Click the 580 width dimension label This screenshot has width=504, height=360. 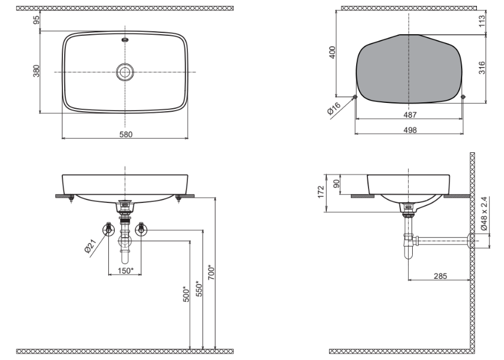pos(125,134)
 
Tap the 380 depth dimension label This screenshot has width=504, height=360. pos(36,71)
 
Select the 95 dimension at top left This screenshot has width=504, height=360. pos(36,20)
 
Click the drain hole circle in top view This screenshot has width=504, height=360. pos(125,72)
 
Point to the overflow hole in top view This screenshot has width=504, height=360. pos(125,41)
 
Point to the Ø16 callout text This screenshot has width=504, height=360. pos(334,109)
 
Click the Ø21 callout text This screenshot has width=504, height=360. pos(89,248)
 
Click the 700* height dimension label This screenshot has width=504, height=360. pos(213,273)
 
